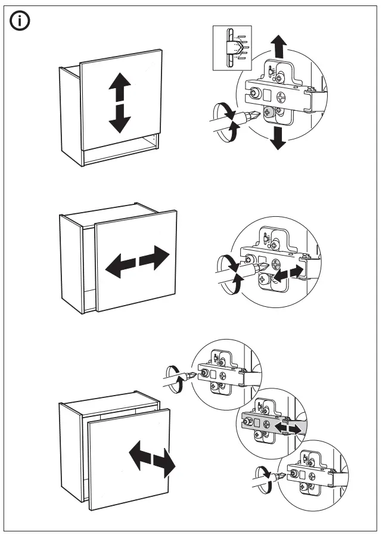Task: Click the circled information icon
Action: pyautogui.click(x=20, y=22)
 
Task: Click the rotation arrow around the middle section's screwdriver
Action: pyautogui.click(x=229, y=273)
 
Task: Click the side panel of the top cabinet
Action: pyautogui.click(x=70, y=116)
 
